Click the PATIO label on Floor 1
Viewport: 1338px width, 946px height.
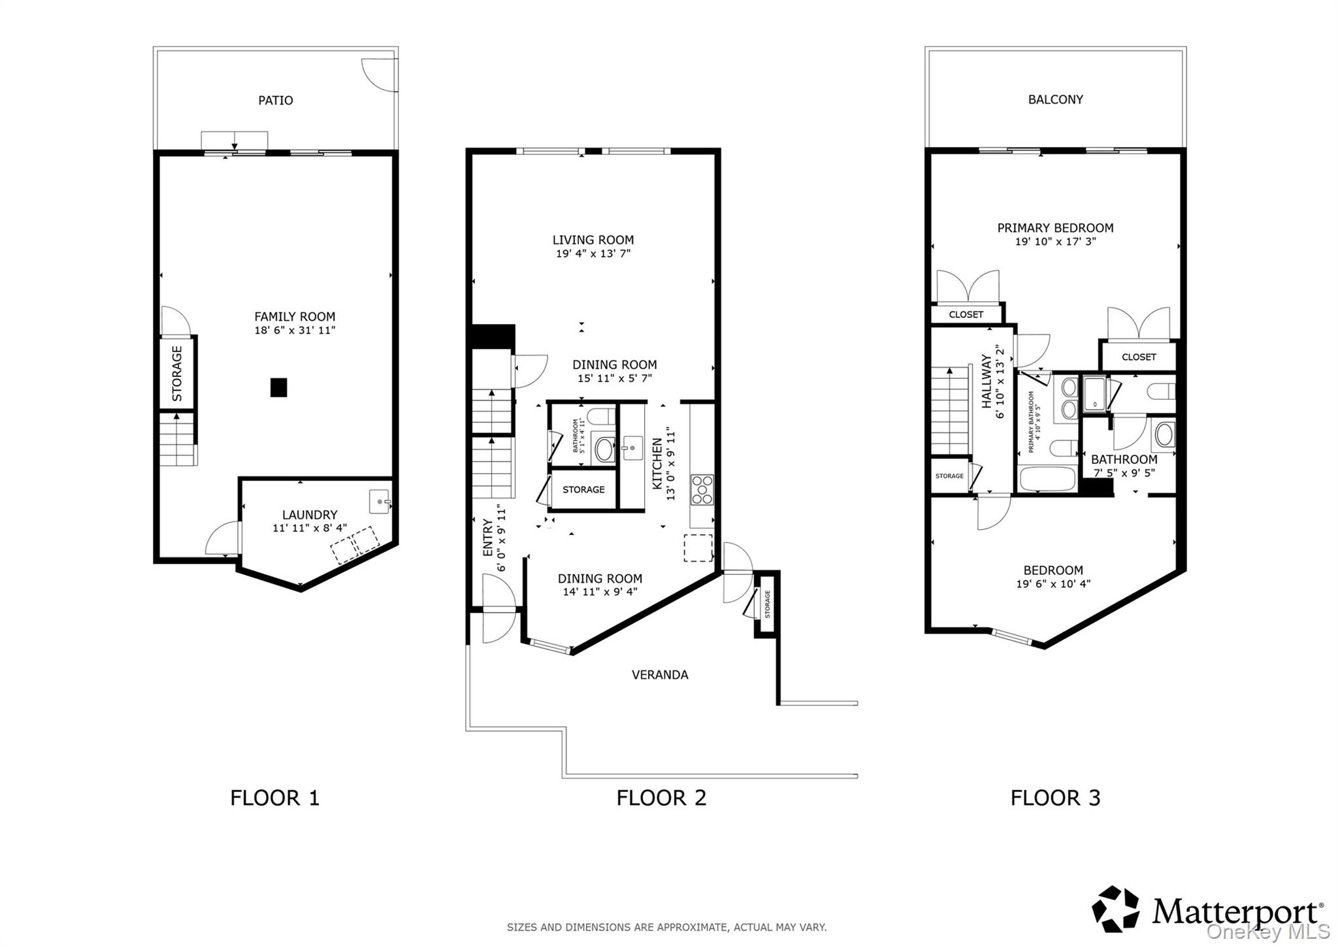point(275,100)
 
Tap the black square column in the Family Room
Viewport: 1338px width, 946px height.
point(279,387)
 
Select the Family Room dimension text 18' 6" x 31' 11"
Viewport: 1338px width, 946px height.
point(295,331)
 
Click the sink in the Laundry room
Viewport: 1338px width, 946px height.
point(380,501)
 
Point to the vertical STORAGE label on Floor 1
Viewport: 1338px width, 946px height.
point(177,373)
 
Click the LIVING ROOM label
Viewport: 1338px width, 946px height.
point(593,240)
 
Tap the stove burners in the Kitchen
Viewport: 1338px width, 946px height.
point(702,490)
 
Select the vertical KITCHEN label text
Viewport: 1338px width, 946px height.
point(657,463)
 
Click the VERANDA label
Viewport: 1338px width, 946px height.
point(660,675)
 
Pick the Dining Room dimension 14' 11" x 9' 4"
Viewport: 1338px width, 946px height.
point(600,592)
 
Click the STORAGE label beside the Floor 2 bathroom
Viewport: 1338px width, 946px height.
point(583,489)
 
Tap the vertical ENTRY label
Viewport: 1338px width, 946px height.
point(487,537)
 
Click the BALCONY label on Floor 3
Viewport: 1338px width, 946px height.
point(1055,99)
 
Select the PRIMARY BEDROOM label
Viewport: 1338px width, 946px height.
point(1055,228)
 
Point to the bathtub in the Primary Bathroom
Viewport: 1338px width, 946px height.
point(1047,480)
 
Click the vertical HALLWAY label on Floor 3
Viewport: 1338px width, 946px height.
point(987,382)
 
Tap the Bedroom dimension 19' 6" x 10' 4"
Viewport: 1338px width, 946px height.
point(1053,584)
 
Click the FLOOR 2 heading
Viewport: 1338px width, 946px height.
point(661,798)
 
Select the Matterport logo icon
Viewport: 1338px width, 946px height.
point(1115,909)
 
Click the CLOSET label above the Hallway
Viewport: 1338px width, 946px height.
point(966,314)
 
